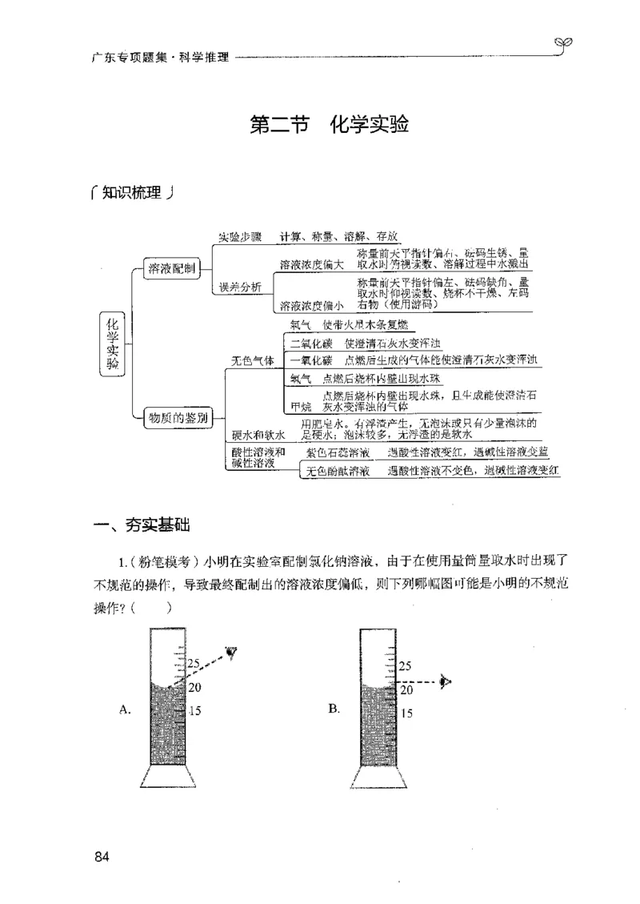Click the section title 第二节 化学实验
[330, 127]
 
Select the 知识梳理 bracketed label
[133, 194]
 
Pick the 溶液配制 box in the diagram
[171, 270]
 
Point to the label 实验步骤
[241, 238]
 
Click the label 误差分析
[241, 288]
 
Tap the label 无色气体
[253, 361]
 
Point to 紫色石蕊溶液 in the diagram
[338, 452]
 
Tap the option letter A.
[124, 708]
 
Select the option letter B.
[334, 708]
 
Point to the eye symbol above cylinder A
[232, 652]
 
